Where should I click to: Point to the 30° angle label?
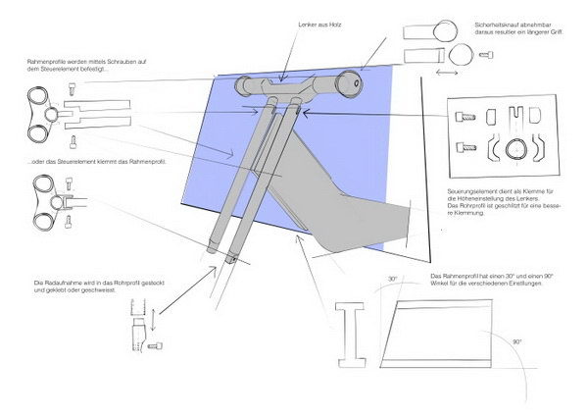tap(393, 281)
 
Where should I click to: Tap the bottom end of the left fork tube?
tap(211, 251)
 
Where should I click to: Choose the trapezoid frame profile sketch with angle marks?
tap(451, 334)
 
